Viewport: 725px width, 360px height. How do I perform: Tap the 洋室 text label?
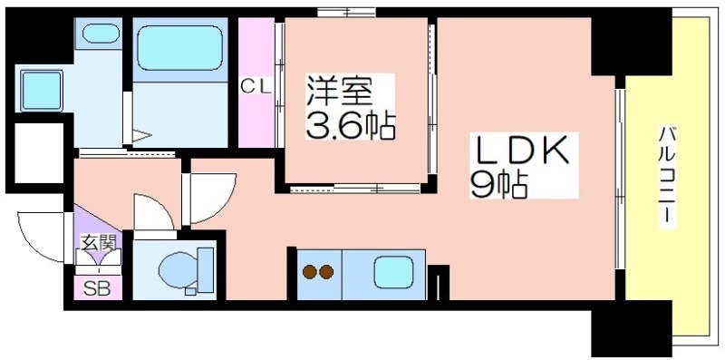point(339,92)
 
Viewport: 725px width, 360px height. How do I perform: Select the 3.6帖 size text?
point(351,126)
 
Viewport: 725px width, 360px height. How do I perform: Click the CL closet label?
point(256,87)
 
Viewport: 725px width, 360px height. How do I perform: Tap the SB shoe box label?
point(98,288)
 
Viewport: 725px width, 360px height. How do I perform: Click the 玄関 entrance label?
point(98,242)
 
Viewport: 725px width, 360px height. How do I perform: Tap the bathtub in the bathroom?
point(179,48)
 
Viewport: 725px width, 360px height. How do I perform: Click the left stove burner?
point(309,272)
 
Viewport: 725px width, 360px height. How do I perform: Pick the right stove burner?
point(326,272)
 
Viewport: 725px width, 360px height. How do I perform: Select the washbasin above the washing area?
point(101,34)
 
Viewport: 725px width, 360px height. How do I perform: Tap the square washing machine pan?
point(41,91)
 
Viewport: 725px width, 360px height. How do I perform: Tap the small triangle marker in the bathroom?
point(142,136)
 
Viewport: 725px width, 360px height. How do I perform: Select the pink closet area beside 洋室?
point(256,83)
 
